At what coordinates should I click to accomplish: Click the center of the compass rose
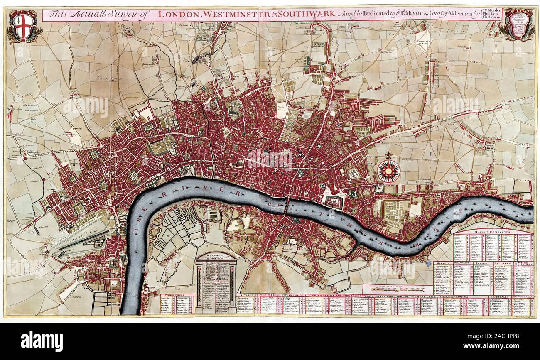coord(389,171)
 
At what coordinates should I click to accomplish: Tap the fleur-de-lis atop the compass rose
coord(389,155)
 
